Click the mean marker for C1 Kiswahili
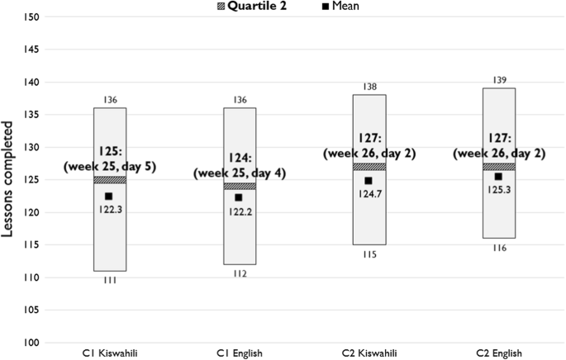click(x=109, y=196)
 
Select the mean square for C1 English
click(x=239, y=197)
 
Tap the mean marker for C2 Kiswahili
click(x=369, y=181)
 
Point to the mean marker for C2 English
click(x=498, y=177)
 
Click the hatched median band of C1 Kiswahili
click(x=110, y=180)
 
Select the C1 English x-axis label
click(x=239, y=353)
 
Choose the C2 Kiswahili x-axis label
click(x=369, y=353)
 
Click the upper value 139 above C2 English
click(x=499, y=79)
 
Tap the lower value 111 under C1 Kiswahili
click(x=110, y=281)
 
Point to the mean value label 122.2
click(x=239, y=211)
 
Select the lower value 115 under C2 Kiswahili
click(x=369, y=254)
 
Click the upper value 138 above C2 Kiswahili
click(x=369, y=86)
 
